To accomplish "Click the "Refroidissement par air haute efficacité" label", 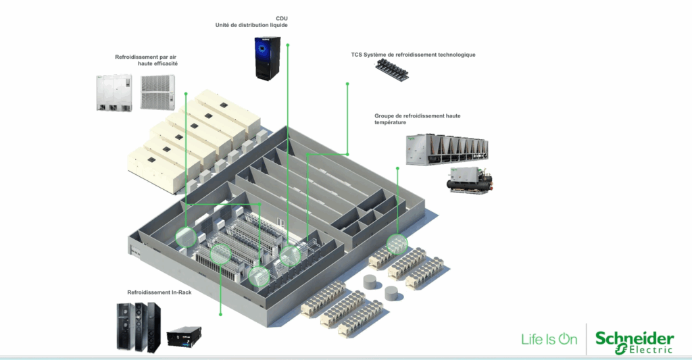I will coord(147,60).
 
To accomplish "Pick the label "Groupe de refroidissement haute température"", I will coord(417,120).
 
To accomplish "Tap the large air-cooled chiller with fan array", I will coord(445,149).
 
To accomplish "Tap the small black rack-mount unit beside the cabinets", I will coord(184,338).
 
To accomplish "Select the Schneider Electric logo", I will coord(634,342).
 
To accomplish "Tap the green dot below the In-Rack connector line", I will coord(221,314).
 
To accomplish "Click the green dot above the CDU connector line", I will coord(287,45).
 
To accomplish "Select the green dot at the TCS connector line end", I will coord(347,84).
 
